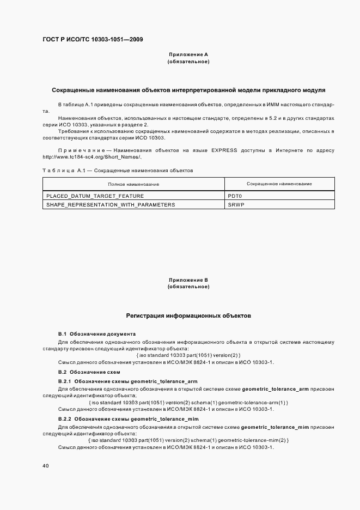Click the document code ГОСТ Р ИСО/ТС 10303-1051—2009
tap(93, 39)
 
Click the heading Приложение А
tap(188, 54)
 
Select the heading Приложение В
tap(188, 280)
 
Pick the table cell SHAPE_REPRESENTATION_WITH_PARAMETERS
tap(103, 204)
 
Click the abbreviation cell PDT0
tap(235, 195)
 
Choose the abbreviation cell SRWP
tap(236, 204)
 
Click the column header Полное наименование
tap(133, 184)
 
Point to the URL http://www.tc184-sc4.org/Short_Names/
tap(91, 157)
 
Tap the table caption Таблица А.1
tap(66, 171)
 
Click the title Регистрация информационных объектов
tap(188, 315)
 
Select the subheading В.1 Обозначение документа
tap(96, 333)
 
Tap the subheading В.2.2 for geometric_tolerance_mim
tap(128, 418)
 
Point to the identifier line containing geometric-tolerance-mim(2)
tap(188, 440)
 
